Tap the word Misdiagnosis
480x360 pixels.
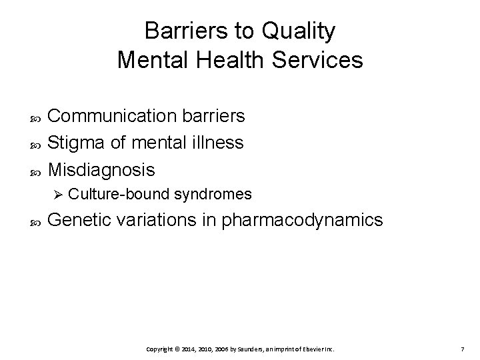click(x=102, y=169)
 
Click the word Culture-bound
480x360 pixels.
click(x=115, y=195)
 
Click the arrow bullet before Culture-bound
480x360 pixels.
click(x=57, y=195)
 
